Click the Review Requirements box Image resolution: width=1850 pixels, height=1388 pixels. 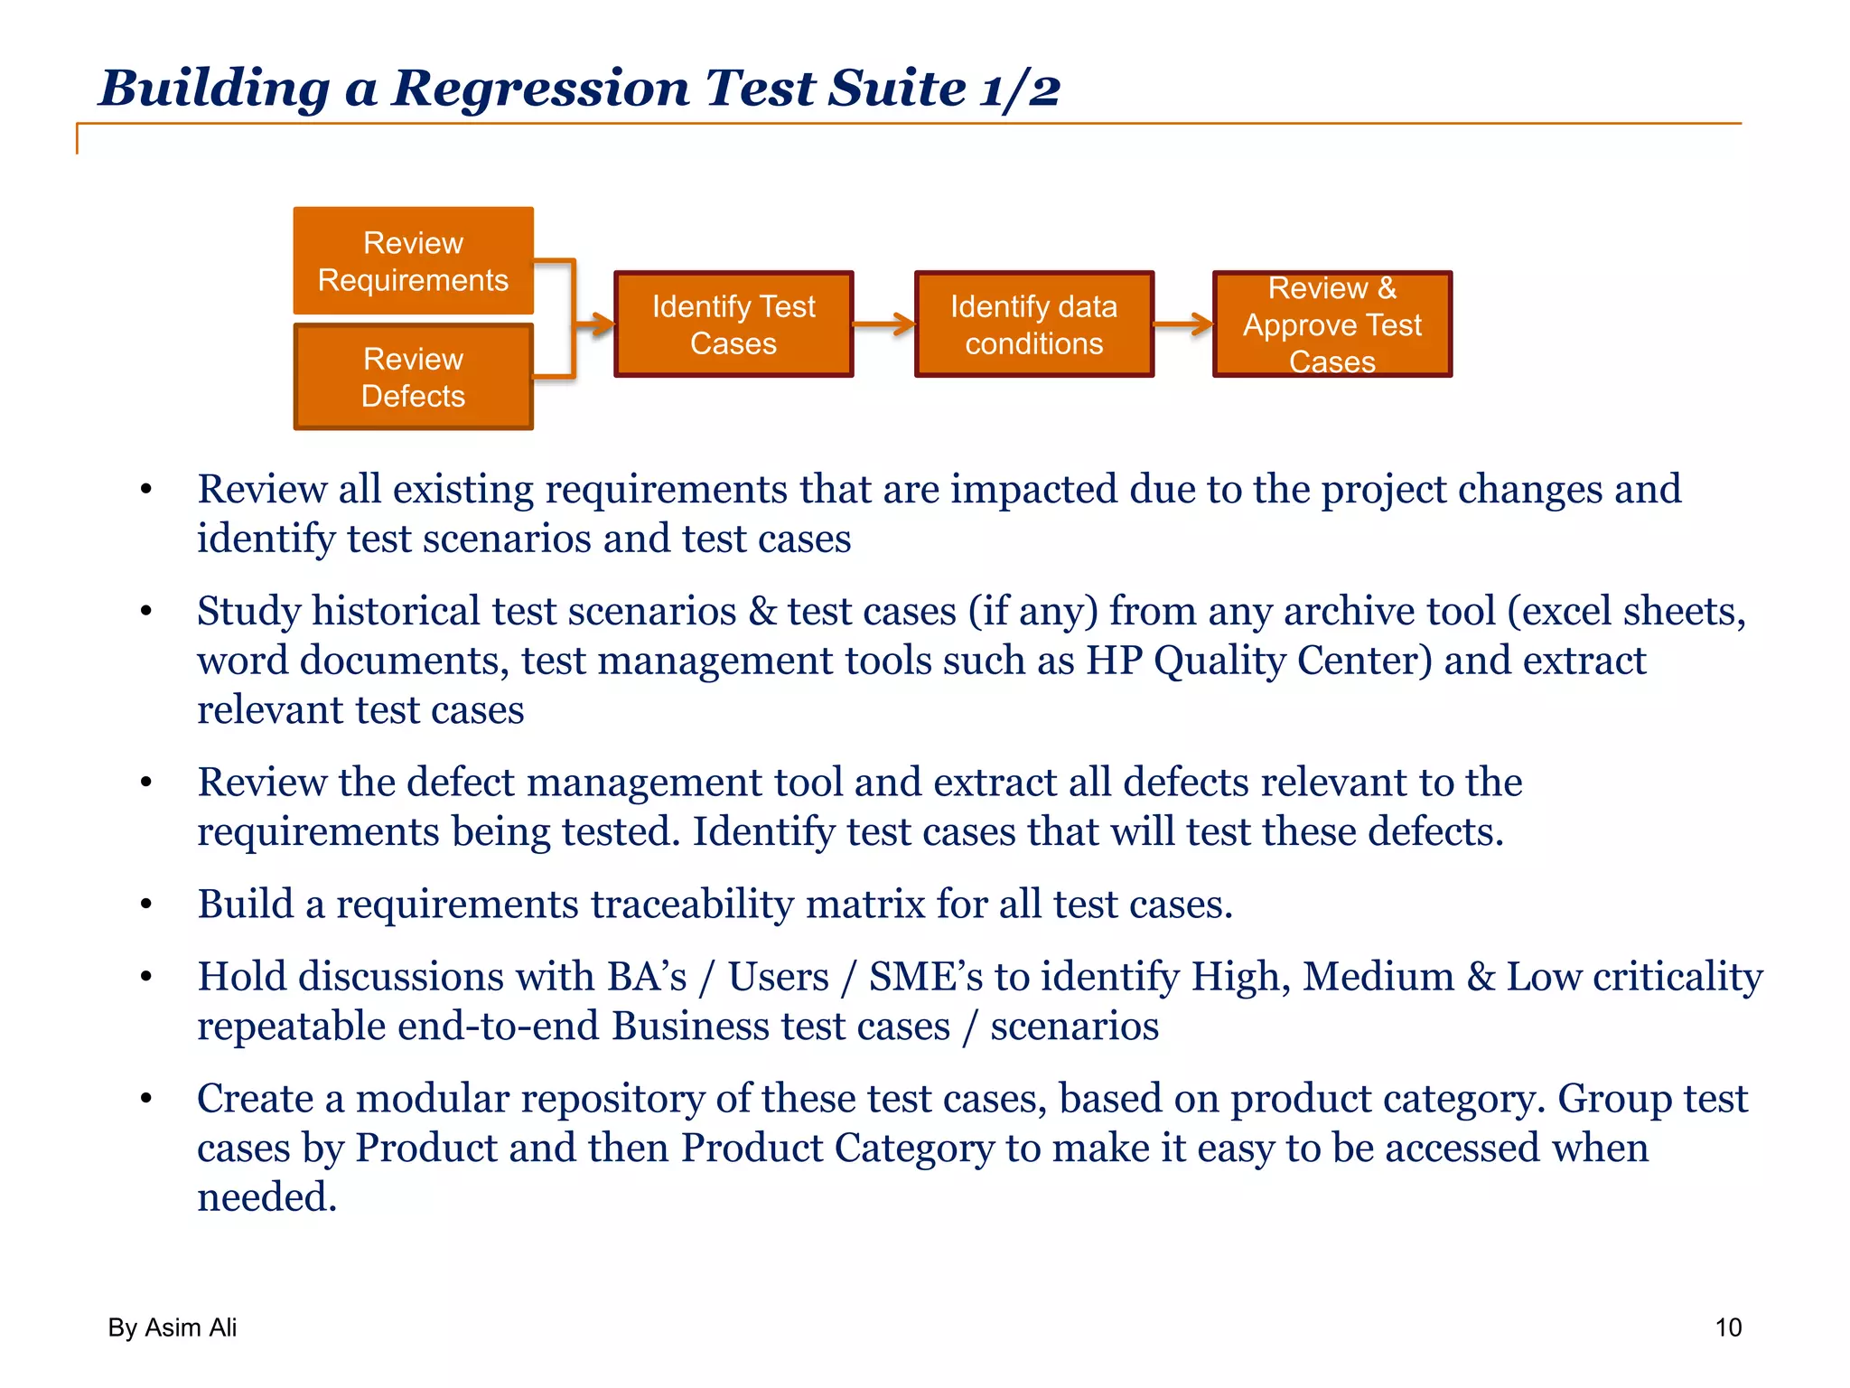click(413, 261)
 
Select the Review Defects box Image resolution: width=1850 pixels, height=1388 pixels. click(413, 377)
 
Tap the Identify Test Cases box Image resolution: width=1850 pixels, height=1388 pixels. click(733, 324)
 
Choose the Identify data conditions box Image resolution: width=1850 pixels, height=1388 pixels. click(1033, 324)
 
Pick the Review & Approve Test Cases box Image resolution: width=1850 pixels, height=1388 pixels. click(1331, 324)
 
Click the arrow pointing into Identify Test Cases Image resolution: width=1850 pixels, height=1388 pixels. click(595, 324)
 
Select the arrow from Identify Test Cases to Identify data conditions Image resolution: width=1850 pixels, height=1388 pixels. click(883, 324)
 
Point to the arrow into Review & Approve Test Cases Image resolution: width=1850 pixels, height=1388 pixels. click(1183, 324)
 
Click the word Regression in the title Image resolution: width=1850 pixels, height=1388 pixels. click(539, 89)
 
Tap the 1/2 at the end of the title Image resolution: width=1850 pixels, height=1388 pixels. click(1020, 89)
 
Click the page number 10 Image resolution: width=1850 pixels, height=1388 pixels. click(1727, 1327)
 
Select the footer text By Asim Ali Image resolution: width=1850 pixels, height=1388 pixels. click(172, 1327)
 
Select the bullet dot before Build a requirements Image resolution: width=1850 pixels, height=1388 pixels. click(146, 905)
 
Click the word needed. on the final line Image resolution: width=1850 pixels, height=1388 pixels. click(266, 1197)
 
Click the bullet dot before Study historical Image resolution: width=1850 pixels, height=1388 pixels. click(146, 612)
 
